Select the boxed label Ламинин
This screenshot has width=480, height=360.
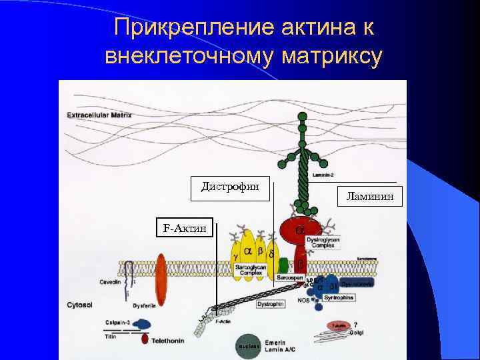point(370,195)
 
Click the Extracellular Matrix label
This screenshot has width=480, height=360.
point(99,115)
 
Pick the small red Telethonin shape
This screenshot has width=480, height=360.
point(145,339)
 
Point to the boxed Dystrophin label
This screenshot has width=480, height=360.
point(271,304)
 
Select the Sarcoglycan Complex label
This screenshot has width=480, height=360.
point(251,270)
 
